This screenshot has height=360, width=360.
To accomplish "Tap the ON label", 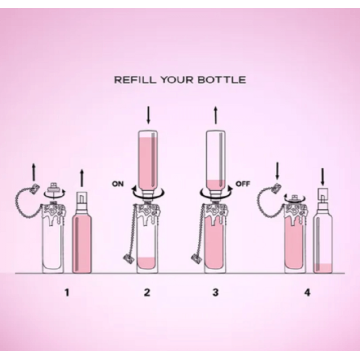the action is pos(118,184).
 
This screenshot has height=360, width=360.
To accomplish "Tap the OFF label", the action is pos(242,184).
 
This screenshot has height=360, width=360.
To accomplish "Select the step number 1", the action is pos(67,293).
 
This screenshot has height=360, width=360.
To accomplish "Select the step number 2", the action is pos(147,293).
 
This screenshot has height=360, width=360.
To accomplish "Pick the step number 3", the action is pos(215,293).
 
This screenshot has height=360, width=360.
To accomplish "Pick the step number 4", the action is pos(307,293).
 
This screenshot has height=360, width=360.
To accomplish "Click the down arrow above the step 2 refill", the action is pos(149,115).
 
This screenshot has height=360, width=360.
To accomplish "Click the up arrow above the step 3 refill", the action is pos(216,115).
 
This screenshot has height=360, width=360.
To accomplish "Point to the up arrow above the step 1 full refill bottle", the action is pos(82,178).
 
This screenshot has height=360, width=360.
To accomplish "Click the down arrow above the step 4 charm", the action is pos(277,170).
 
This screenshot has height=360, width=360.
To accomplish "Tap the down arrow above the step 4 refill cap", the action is pos(323,177).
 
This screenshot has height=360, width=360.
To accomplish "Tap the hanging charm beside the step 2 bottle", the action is pos(129,258).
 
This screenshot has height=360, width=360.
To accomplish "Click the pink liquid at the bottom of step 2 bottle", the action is pos(147,263).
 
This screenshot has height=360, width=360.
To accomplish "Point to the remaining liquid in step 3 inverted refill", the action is pos(216,184).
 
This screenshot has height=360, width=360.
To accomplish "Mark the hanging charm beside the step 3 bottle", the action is pos(197,258).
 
